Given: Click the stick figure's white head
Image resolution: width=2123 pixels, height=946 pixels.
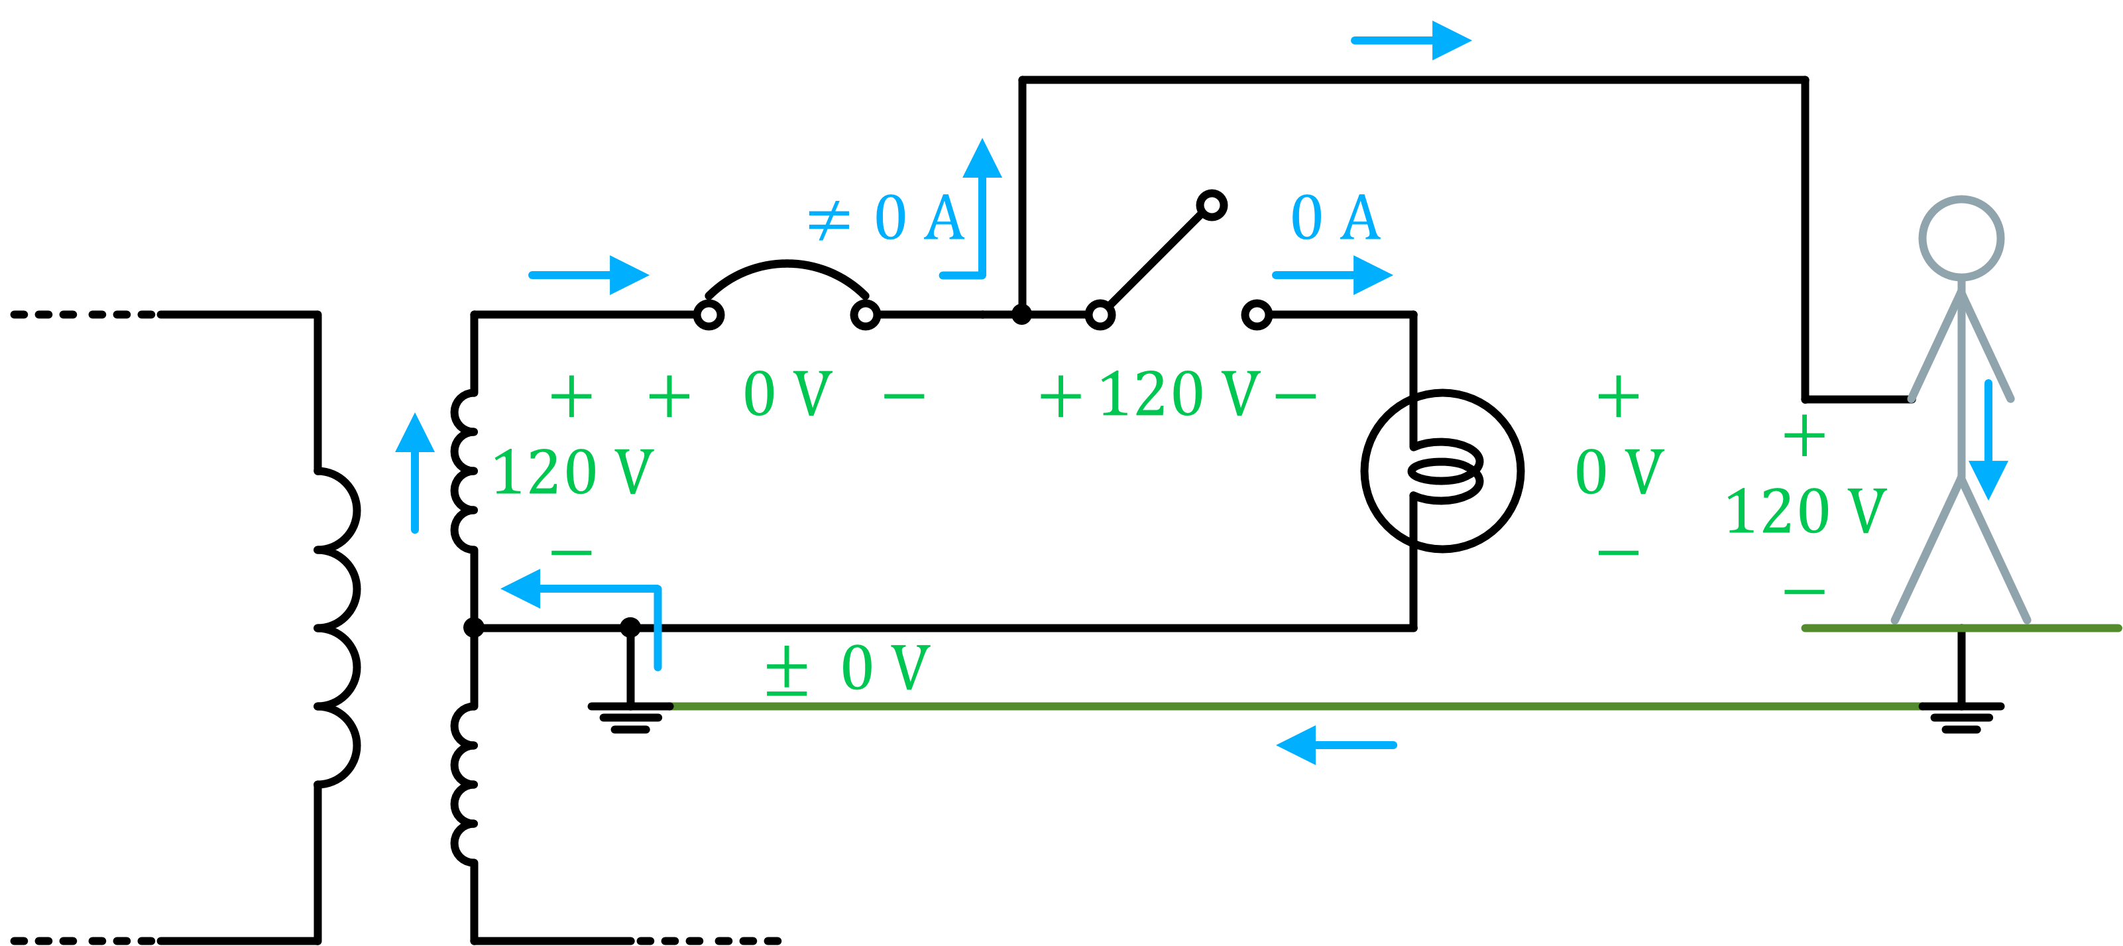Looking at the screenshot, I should pyautogui.click(x=1961, y=239).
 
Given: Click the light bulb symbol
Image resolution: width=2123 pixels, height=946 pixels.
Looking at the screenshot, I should pyautogui.click(x=1442, y=471).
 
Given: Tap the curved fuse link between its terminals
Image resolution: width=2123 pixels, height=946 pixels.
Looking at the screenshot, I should pyautogui.click(x=787, y=267).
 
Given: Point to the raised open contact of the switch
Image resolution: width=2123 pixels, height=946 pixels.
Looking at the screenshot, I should pyautogui.click(x=1212, y=206).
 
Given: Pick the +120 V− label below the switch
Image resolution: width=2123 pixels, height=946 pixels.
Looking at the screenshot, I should pyautogui.click(x=1177, y=394).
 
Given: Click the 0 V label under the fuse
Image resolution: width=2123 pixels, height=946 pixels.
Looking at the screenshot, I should pyautogui.click(x=787, y=394).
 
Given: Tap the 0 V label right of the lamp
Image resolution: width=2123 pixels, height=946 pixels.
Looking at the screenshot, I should pyautogui.click(x=1619, y=472).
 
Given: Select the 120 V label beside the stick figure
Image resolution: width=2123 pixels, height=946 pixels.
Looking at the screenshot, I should pyautogui.click(x=1805, y=511).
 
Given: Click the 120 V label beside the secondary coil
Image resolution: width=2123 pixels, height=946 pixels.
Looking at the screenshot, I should pyautogui.click(x=573, y=472).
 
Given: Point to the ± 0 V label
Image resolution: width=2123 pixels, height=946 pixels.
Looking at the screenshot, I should pyautogui.click(x=849, y=668).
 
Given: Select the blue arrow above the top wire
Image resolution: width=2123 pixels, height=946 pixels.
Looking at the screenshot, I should pyautogui.click(x=1411, y=40).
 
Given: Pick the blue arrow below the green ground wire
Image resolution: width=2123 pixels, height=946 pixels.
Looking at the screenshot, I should pyautogui.click(x=1335, y=745).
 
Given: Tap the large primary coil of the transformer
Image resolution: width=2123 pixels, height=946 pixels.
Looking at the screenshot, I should pyautogui.click(x=338, y=626).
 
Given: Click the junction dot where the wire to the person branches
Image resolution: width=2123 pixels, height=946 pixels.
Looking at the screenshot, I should pyautogui.click(x=1021, y=315).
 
